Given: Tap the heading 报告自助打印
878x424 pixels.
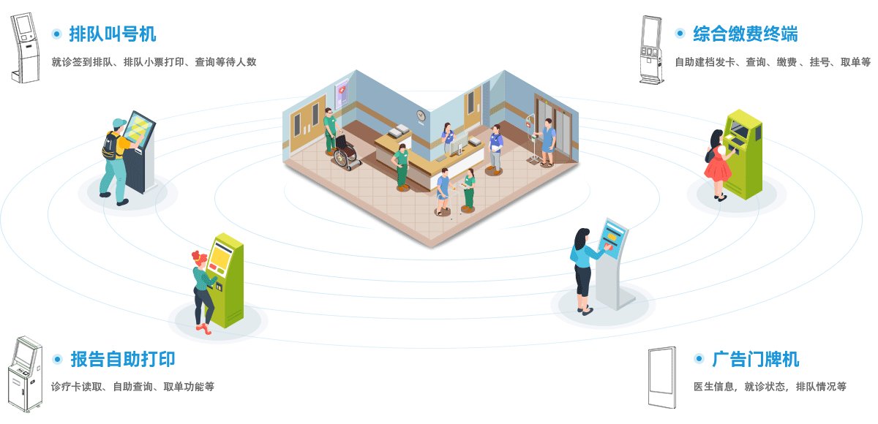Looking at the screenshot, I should coord(122,359).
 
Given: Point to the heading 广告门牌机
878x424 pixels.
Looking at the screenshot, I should coord(756,359).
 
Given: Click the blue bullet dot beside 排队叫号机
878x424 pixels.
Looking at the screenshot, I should coord(56,34).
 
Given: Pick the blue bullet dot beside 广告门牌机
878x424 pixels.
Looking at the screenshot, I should coord(699,359).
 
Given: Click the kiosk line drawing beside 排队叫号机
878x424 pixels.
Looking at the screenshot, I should coord(23,45).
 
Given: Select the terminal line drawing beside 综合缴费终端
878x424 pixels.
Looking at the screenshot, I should coord(650,48).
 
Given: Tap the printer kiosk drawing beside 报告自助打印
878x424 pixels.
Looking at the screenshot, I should coord(25,375).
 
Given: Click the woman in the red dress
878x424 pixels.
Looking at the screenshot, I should coord(717,164).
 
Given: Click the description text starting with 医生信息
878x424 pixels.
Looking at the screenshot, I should coord(769,387).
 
